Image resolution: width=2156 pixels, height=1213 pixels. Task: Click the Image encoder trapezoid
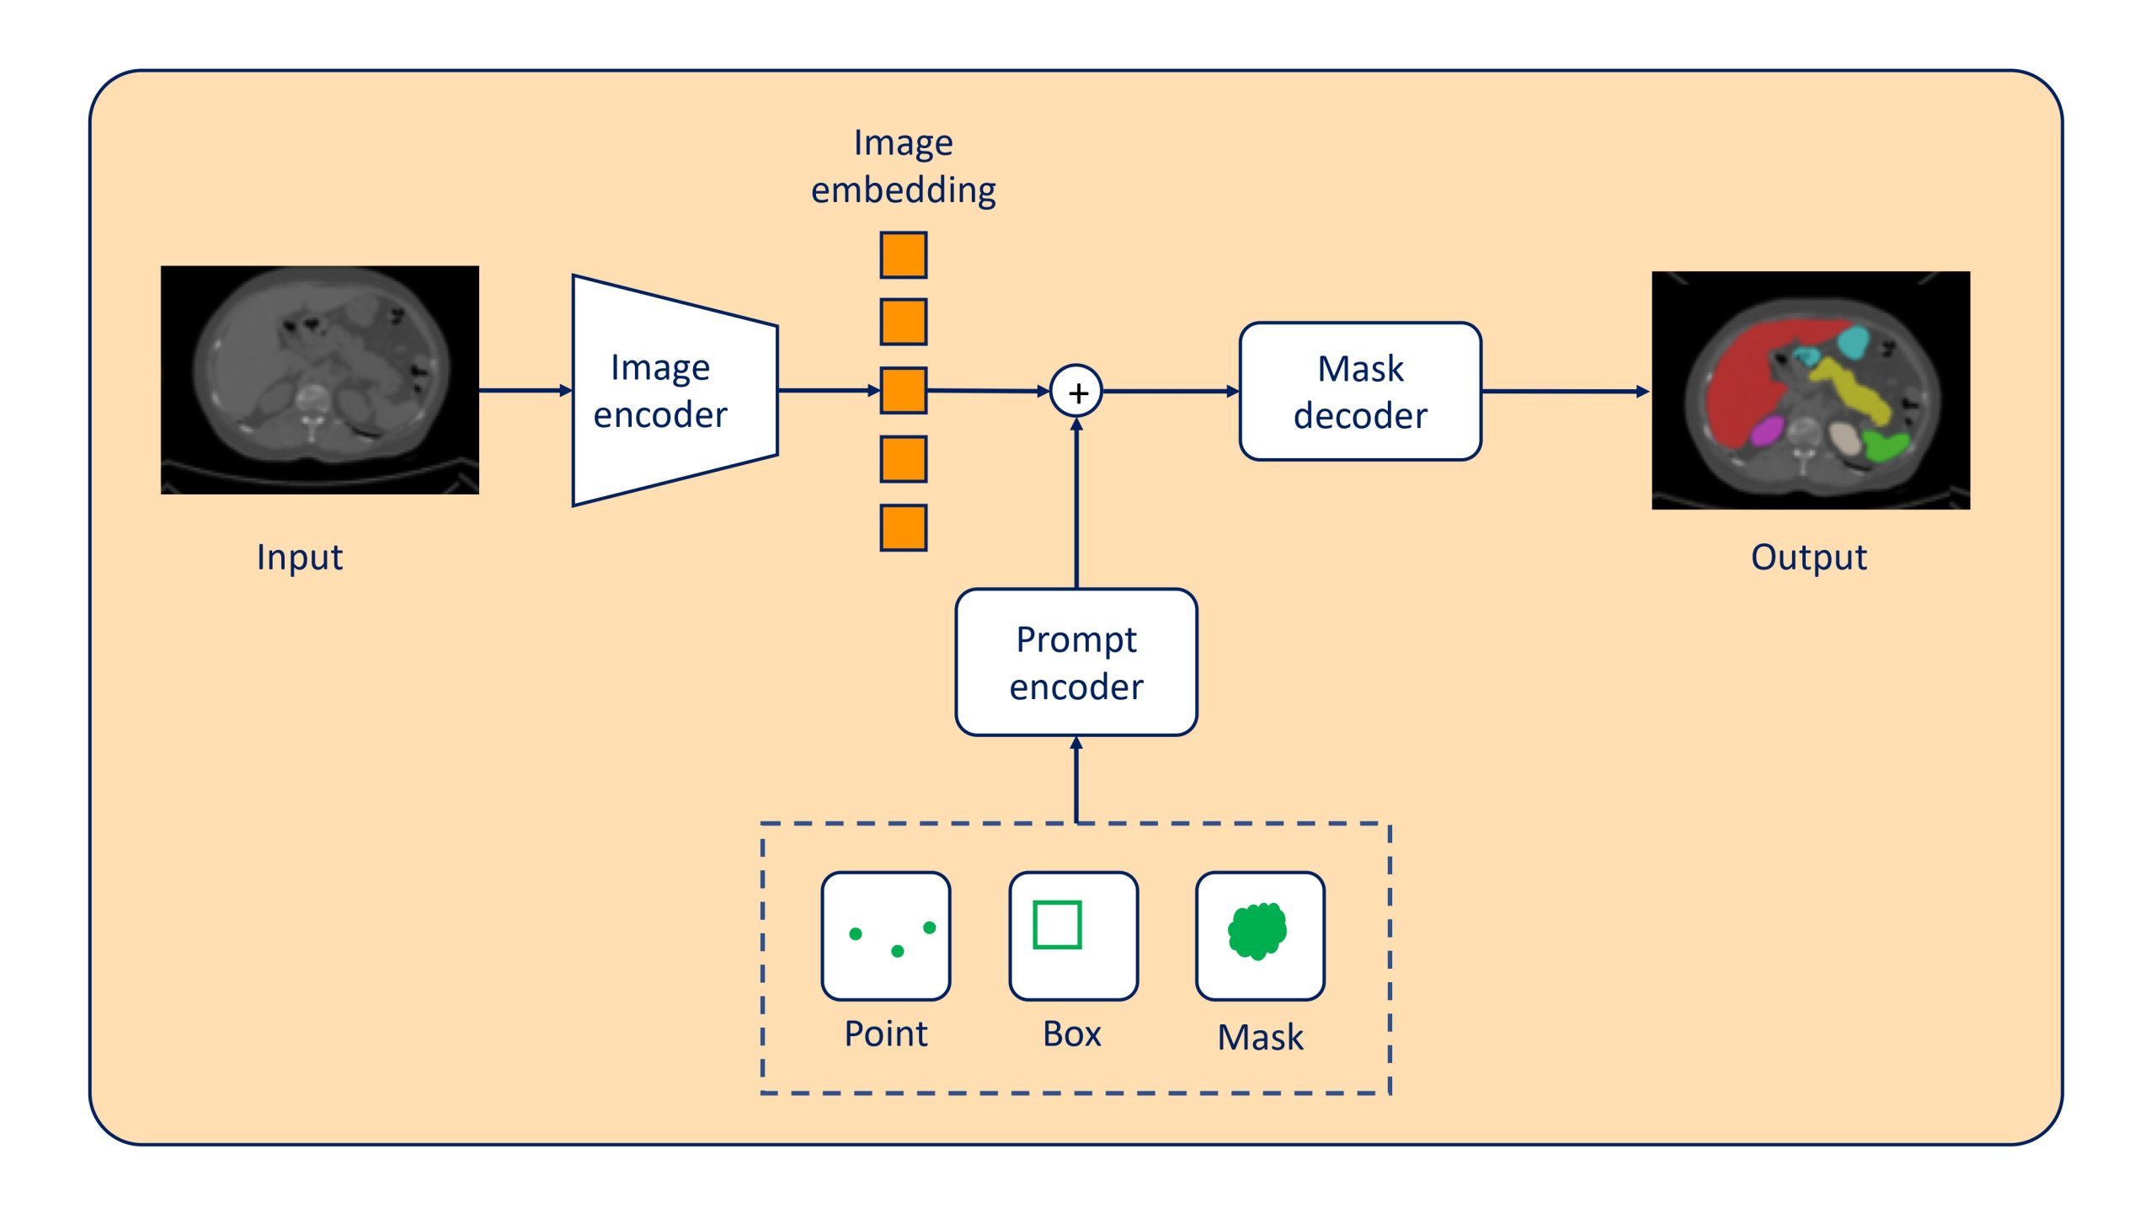[674, 391]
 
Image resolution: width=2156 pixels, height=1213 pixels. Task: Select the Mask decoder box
[1359, 392]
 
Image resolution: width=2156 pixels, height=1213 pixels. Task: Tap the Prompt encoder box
[1075, 662]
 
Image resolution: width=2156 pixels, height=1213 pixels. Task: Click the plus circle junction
[1076, 392]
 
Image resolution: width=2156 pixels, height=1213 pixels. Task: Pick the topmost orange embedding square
[903, 255]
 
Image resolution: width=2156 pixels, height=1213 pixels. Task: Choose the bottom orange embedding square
[903, 528]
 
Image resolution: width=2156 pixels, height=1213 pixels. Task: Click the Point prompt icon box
[885, 936]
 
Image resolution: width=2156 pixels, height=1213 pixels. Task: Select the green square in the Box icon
[1057, 925]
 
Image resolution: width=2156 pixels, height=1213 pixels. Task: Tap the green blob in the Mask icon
[1257, 931]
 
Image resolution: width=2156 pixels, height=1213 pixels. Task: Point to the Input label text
[299, 558]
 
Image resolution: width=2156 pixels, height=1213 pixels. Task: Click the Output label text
[1808, 558]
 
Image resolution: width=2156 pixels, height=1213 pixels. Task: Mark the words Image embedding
[903, 167]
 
